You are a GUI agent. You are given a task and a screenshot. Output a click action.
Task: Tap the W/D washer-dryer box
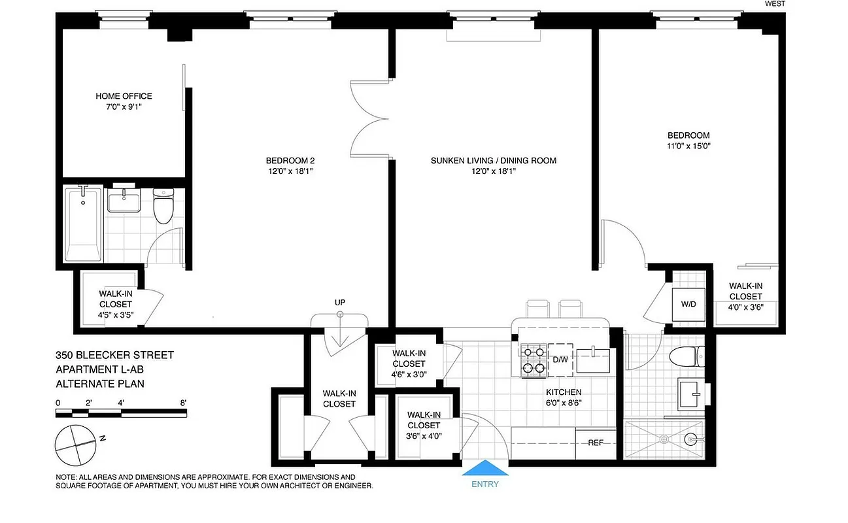[688, 304]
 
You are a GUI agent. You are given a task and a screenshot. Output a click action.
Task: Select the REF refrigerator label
[595, 443]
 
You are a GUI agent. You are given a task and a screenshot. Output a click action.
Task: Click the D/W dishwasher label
[560, 360]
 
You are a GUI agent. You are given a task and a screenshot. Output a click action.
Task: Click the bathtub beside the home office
[82, 224]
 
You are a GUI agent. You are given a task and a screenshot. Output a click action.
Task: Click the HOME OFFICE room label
[124, 96]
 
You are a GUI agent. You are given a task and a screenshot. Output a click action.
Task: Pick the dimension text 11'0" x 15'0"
[685, 146]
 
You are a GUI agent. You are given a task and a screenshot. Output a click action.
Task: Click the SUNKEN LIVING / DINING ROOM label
[493, 160]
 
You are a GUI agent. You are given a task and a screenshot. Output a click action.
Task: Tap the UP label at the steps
[339, 302]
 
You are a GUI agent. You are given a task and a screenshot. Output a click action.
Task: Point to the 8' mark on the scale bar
[184, 402]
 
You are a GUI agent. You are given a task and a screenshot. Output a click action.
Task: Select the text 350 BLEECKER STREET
[114, 355]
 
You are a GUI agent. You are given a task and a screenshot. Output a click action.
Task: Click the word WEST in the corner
[774, 4]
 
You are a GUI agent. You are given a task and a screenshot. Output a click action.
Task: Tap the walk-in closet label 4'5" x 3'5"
[116, 314]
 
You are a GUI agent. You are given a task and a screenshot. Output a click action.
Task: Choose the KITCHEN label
[564, 392]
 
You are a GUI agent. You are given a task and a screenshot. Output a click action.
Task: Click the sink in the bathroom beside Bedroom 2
[124, 201]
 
